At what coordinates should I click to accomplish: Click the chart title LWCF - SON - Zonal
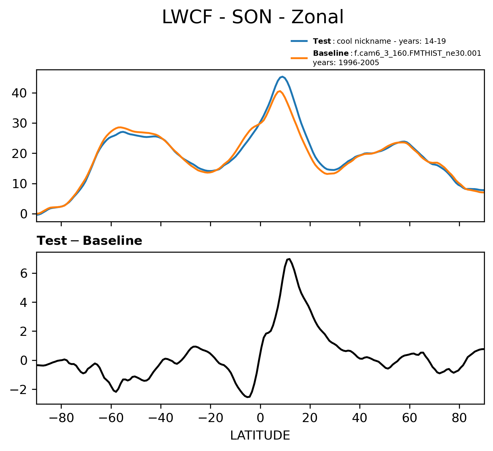click(253, 17)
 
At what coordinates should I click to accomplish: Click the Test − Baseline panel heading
click(89, 241)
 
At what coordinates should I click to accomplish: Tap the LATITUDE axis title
click(260, 435)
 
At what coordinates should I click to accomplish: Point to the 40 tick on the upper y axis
click(20, 93)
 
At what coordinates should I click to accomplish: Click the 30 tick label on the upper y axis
click(20, 123)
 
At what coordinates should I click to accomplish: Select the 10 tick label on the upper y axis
click(20, 184)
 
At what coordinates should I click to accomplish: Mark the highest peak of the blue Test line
click(282, 77)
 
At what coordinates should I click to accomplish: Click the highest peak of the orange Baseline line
click(280, 91)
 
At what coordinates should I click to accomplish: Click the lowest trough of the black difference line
click(248, 397)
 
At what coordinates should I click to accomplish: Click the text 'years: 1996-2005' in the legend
click(346, 63)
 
